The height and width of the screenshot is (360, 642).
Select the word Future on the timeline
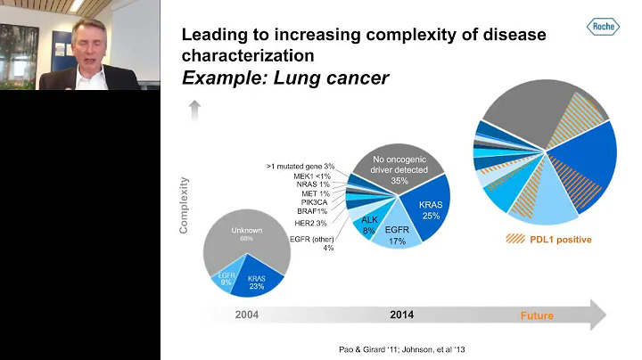pos(536,315)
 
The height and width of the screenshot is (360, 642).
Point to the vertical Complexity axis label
pos(184,206)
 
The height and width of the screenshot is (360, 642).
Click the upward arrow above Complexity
pos(195,110)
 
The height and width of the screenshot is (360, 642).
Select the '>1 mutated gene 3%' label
pos(300,166)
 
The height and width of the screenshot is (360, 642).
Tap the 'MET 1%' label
pos(317,193)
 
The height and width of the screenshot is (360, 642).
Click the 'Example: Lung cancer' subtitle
pos(285,78)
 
